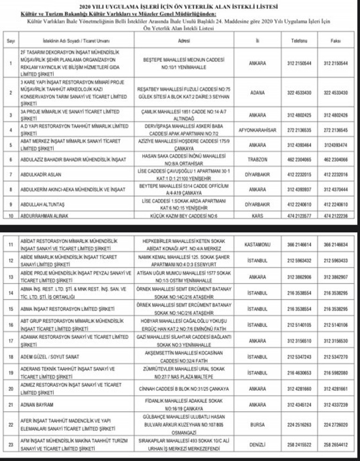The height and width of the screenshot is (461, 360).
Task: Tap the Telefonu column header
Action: point(299,41)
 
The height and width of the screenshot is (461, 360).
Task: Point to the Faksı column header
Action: point(336,41)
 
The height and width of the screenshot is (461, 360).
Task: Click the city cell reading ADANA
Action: point(257,93)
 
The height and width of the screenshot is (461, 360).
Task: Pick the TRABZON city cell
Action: point(257,159)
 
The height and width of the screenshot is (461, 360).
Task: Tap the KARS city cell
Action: point(257,216)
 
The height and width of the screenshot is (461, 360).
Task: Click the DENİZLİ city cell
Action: point(258,445)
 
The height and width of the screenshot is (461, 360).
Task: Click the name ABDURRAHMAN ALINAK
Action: point(45,216)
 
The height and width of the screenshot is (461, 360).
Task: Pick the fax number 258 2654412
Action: point(336,445)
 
